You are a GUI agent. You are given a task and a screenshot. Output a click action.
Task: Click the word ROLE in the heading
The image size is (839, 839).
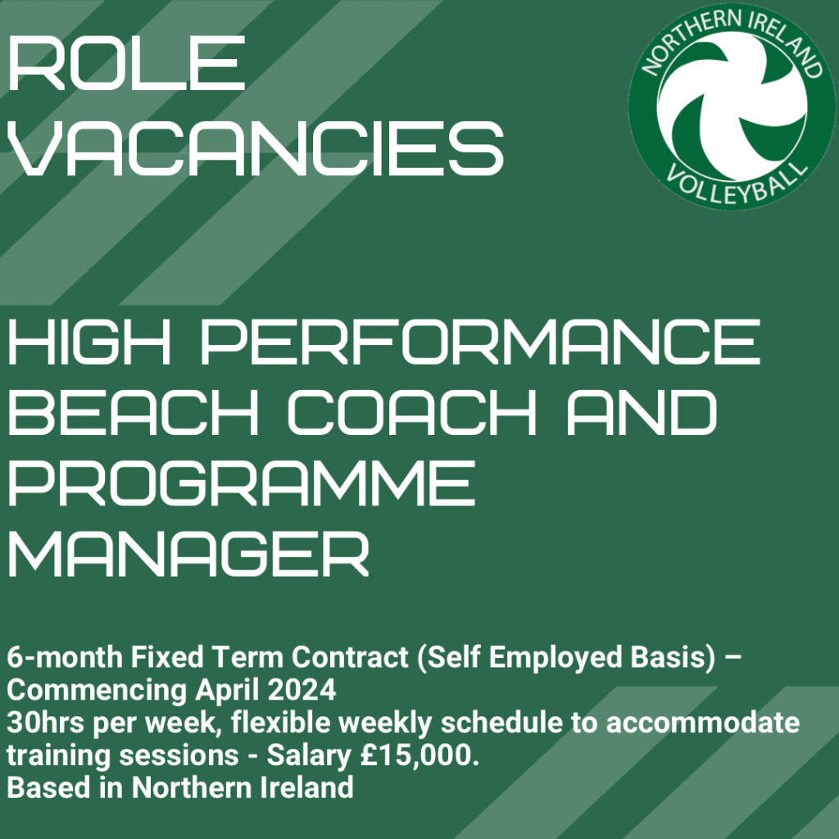127,63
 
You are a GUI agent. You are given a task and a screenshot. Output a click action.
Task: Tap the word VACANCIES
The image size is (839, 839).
256,147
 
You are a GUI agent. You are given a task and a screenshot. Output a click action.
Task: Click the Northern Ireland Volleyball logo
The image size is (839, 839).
732,107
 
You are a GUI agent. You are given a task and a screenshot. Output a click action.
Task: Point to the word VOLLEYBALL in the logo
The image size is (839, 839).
737,183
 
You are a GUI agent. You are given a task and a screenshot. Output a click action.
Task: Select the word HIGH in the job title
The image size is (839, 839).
88,342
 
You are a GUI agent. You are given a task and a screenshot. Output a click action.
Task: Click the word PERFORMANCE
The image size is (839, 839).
480,342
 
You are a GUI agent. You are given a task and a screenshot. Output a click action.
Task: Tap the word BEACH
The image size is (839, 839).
134,412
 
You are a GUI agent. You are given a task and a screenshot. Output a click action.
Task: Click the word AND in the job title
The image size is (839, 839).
642,412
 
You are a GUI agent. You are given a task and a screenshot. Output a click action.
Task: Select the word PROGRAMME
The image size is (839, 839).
242,483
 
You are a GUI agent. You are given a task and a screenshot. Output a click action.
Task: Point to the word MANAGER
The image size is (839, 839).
188,553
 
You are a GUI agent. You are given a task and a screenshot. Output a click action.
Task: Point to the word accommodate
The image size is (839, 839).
703,723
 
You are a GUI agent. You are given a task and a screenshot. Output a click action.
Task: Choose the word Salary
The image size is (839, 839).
309,756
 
